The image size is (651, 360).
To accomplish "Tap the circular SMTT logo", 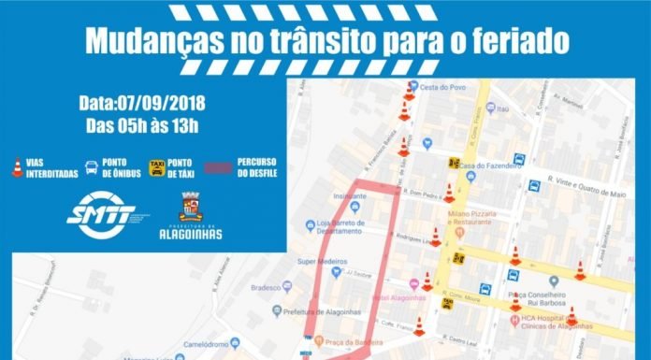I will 101,215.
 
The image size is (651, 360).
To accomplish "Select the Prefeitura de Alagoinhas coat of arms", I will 190,207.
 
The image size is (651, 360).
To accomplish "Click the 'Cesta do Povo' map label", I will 442,88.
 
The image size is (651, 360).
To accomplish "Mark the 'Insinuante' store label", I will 350,197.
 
